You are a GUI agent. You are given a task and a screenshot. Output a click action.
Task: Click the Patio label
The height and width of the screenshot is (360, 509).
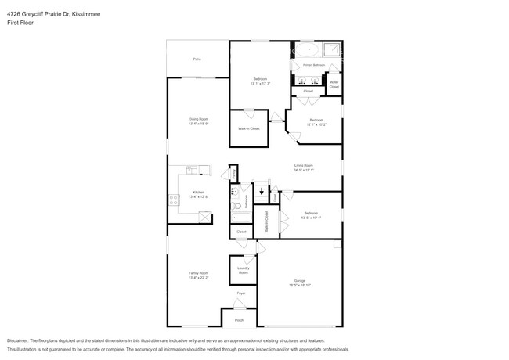[x=197, y=59]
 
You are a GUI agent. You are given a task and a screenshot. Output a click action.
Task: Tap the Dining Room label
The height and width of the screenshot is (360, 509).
[x=198, y=119]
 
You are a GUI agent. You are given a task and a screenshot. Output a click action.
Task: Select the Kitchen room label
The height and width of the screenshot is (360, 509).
[x=198, y=193]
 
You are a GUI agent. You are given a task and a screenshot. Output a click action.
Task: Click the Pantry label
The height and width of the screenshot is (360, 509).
[x=233, y=175]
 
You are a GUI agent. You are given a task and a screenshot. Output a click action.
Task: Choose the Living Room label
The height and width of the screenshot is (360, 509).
[x=303, y=165]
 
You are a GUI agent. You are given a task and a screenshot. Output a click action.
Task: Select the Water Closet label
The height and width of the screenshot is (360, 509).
[x=334, y=84]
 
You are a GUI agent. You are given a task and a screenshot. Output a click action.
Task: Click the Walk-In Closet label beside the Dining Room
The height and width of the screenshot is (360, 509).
[x=249, y=128]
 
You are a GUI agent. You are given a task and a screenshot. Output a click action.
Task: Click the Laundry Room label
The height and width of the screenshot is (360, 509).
[x=243, y=270]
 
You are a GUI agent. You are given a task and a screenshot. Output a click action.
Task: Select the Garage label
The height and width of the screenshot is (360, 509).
[x=300, y=280]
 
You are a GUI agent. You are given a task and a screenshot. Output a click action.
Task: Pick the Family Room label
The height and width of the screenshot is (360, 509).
[x=198, y=273]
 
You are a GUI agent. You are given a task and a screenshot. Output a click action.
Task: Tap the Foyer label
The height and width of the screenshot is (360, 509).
[x=241, y=293]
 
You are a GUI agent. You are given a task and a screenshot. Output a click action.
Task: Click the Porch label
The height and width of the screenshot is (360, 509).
[x=239, y=320]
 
